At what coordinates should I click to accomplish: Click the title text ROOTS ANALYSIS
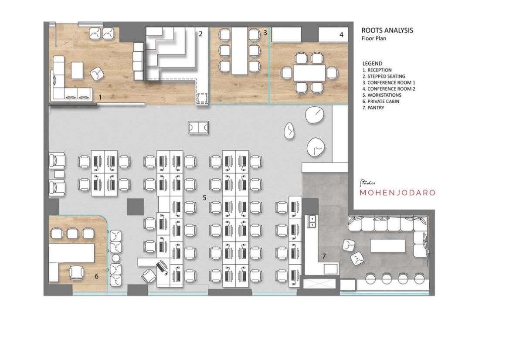coord(387,30)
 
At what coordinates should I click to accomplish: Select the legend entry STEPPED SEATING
coord(384,76)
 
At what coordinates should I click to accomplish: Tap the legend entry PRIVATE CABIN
coord(381,102)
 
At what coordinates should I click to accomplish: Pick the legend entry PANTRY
coord(373,108)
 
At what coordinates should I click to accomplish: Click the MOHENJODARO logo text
coord(397,193)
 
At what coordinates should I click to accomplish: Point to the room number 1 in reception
coord(100,97)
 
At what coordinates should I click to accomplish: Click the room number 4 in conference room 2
coord(341,34)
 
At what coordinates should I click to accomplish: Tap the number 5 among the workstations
coord(204,198)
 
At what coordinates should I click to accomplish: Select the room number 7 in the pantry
coord(324,256)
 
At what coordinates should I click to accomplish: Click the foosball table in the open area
coord(198,127)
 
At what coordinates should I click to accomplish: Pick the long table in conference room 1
coord(239,51)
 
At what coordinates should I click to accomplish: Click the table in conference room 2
coord(309,73)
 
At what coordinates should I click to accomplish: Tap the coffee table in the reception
coord(77,71)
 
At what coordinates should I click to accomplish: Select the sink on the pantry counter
coord(311,221)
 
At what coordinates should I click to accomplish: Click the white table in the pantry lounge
coord(388,246)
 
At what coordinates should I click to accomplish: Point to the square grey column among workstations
coord(136,207)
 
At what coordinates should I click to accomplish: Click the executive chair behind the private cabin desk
coord(76,273)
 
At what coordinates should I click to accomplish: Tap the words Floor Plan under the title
coord(374,38)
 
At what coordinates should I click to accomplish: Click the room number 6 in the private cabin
coord(96,276)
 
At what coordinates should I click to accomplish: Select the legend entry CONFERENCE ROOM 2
coord(389,89)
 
